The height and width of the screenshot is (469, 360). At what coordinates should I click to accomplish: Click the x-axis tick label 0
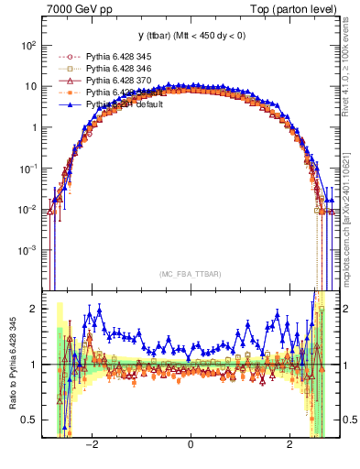pos(191,444)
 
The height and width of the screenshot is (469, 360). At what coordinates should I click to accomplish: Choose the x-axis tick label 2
pos(289,444)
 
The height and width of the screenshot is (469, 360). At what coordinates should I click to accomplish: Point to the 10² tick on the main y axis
pos(27,45)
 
